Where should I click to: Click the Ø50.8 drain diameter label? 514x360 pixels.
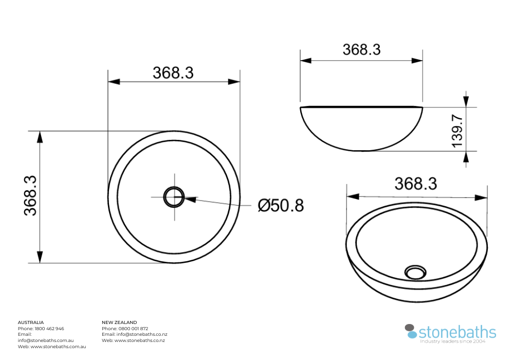pyautogui.click(x=281, y=205)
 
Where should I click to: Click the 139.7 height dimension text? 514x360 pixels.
pyautogui.click(x=457, y=131)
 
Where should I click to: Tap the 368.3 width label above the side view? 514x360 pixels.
pyautogui.click(x=361, y=49)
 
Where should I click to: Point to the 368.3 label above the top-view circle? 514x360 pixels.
pyautogui.click(x=173, y=73)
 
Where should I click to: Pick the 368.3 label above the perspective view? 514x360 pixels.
pyautogui.click(x=415, y=184)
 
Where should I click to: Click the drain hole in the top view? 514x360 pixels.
pyautogui.click(x=174, y=196)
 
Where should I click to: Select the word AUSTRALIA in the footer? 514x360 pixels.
pyautogui.click(x=31, y=322)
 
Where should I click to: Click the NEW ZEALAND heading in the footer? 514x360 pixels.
pyautogui.click(x=119, y=322)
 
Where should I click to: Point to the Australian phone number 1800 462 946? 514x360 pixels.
pyautogui.click(x=49, y=329)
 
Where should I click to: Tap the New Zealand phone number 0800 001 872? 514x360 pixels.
pyautogui.click(x=133, y=329)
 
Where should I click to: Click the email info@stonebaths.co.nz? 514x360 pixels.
pyautogui.click(x=142, y=334)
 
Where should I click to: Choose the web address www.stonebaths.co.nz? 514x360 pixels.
pyautogui.click(x=140, y=340)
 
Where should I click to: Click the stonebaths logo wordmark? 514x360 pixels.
pyautogui.click(x=457, y=332)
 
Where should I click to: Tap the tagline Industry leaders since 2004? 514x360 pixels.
pyautogui.click(x=453, y=341)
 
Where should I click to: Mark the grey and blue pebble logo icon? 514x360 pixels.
pyautogui.click(x=411, y=331)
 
